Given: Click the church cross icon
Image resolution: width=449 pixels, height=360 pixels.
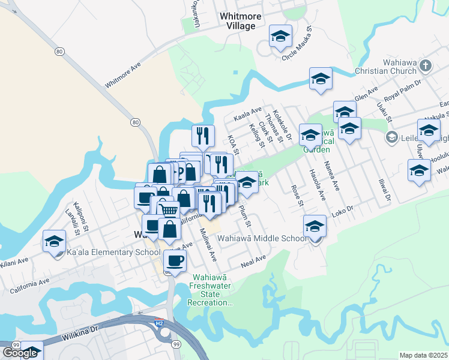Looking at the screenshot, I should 425,65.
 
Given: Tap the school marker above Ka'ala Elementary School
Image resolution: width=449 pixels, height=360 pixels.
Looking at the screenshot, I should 54,242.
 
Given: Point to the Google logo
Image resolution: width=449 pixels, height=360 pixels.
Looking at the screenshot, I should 20,353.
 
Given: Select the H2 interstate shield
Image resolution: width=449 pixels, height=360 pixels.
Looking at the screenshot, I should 158,323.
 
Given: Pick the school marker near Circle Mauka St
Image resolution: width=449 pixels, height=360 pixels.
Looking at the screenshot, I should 280,37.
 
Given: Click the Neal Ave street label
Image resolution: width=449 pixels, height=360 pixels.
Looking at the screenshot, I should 253,261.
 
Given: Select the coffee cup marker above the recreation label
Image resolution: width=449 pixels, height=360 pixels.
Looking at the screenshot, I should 175,261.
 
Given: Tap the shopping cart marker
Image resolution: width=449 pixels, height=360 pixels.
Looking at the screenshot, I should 169,211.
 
